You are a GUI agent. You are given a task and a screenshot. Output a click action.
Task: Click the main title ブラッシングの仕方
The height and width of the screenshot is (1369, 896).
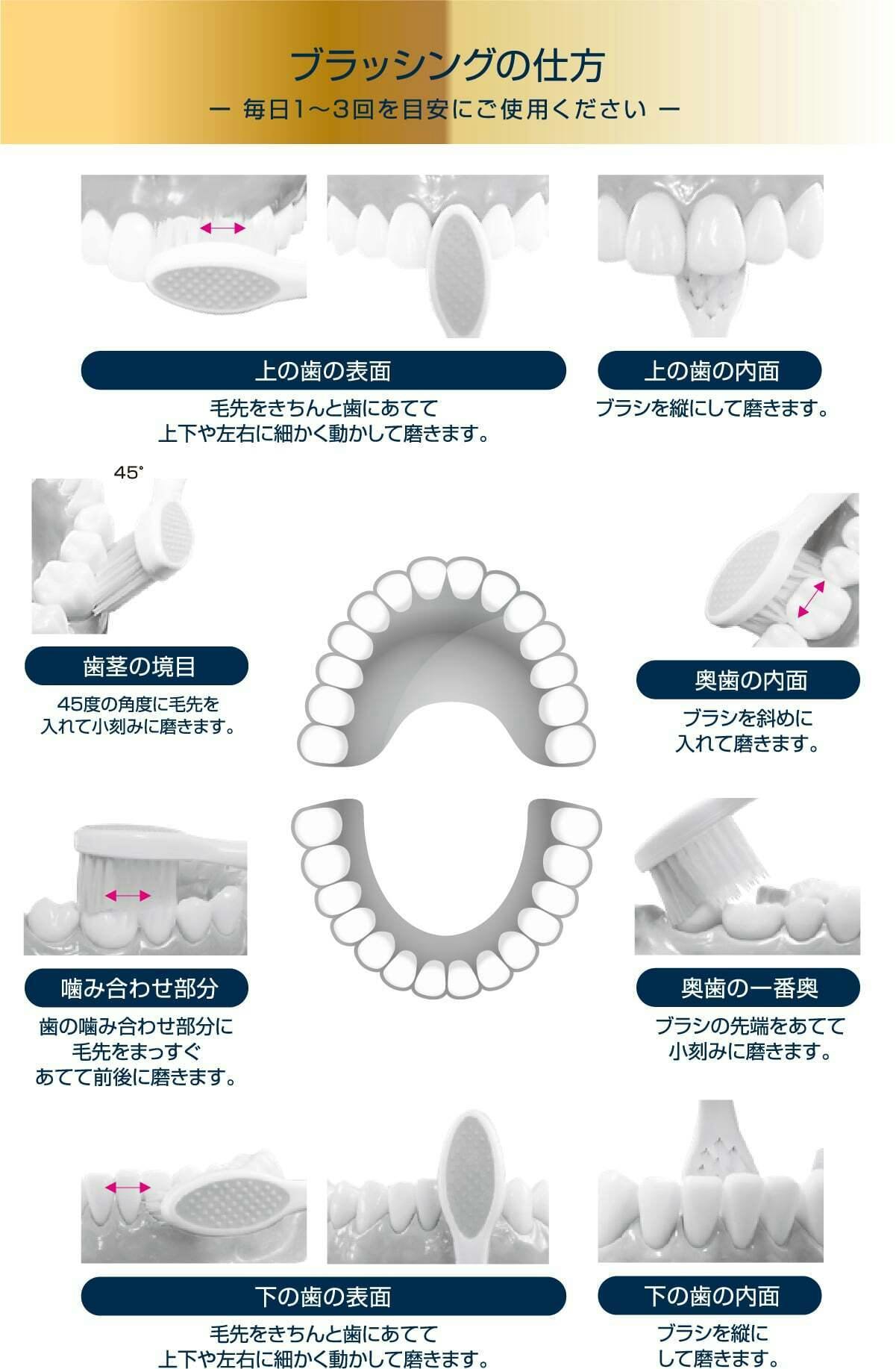tap(447, 66)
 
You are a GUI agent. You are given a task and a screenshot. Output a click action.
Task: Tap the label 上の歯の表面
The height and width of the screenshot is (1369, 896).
tap(323, 370)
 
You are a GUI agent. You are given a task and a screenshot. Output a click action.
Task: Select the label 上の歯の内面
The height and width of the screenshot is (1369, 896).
tap(710, 370)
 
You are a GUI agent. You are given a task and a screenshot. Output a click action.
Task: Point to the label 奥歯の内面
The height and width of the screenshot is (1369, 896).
tap(748, 680)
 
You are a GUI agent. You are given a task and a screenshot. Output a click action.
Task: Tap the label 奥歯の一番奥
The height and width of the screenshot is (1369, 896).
tap(748, 988)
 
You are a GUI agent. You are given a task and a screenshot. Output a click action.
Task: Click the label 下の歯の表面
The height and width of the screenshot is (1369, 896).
tap(323, 1296)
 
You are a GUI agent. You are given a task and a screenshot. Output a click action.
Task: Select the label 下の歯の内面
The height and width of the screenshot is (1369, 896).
tap(710, 1296)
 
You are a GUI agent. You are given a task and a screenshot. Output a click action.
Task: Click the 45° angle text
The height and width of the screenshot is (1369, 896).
tap(128, 473)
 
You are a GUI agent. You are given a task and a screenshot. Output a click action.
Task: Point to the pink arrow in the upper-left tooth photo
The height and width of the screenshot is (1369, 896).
tap(222, 228)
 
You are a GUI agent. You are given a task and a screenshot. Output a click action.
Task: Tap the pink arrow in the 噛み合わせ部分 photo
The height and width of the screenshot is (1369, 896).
tap(128, 895)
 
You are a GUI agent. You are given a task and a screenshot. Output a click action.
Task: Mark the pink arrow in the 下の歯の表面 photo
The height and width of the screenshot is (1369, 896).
tap(128, 1187)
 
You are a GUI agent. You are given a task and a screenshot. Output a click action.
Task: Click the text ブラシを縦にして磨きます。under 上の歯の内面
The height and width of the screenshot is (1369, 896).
tap(712, 409)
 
